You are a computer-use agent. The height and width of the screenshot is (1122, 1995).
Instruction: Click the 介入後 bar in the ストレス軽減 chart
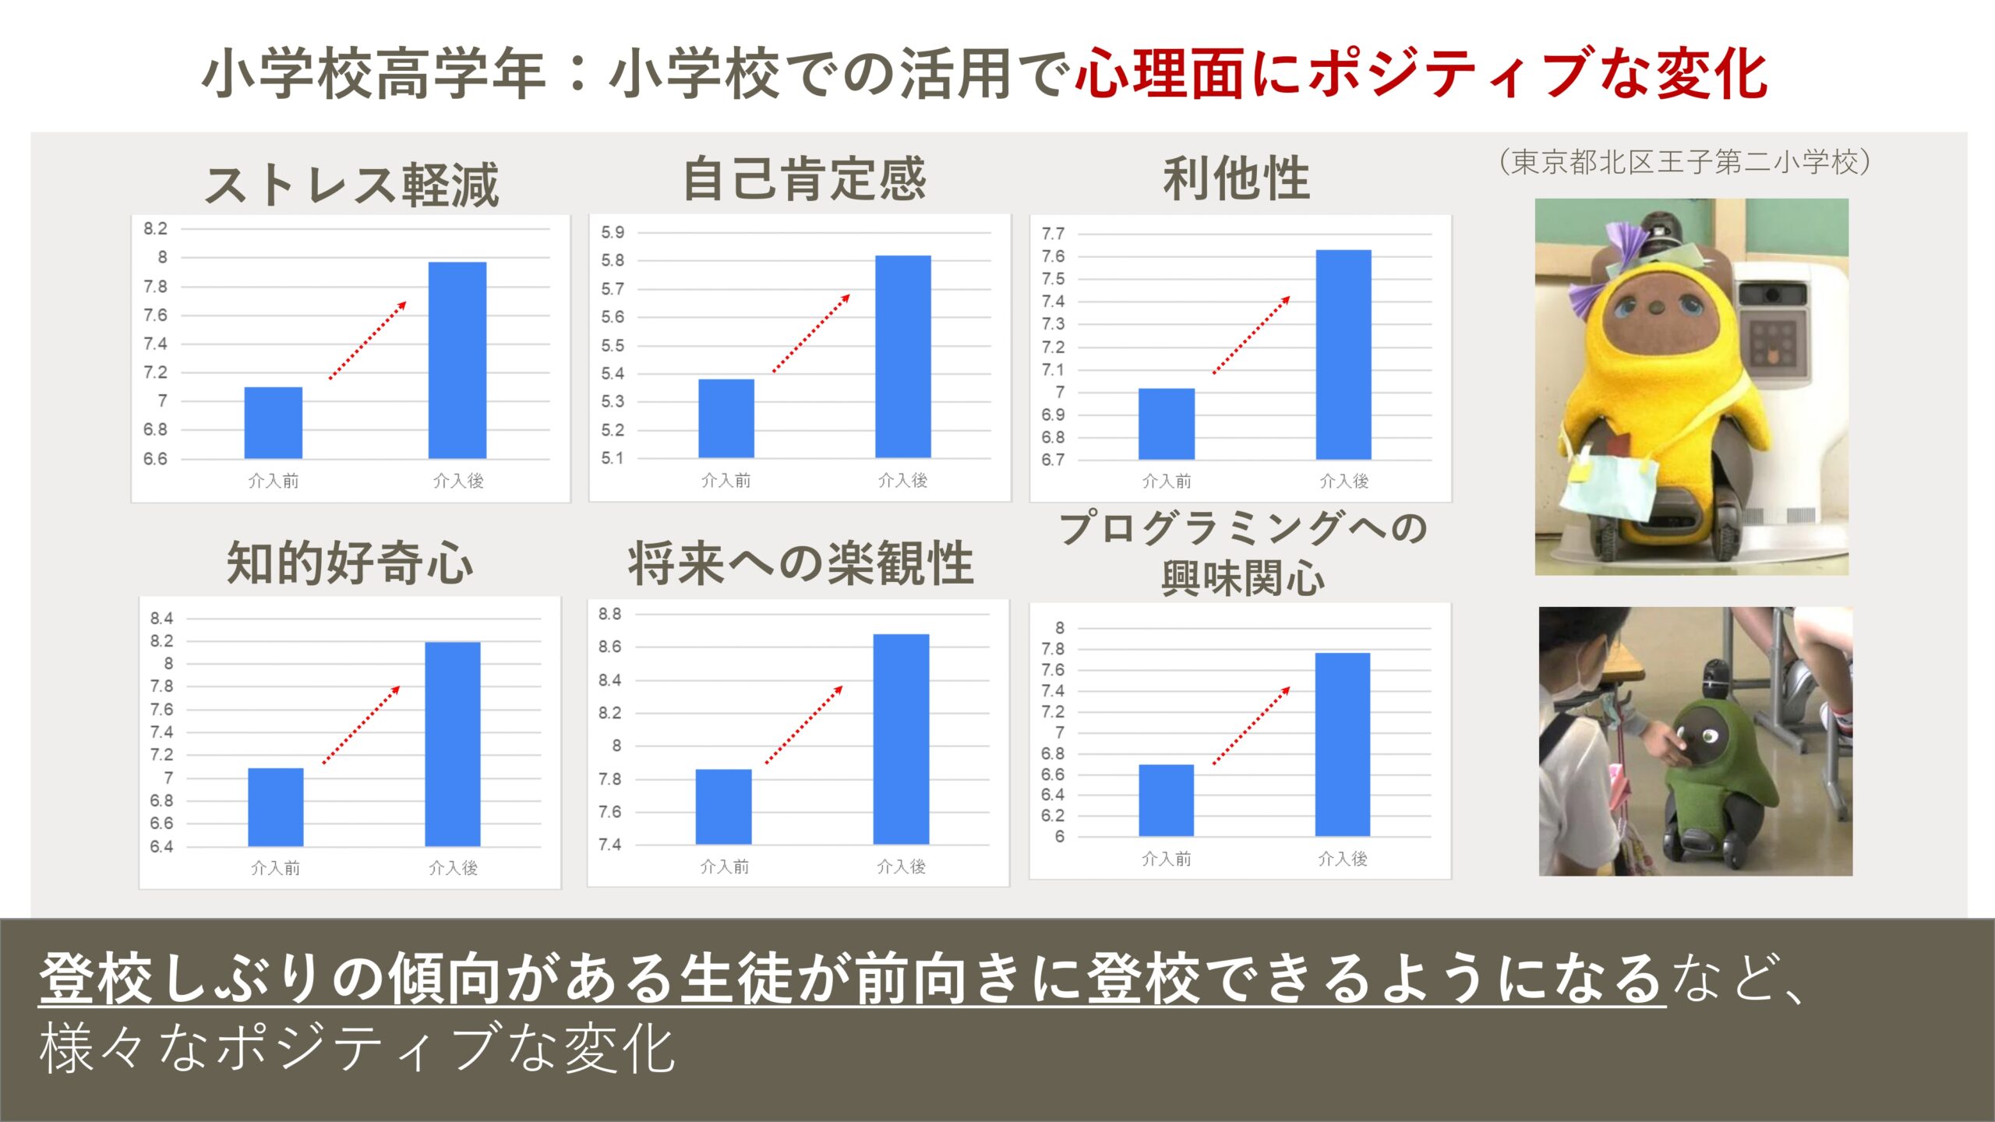(x=457, y=360)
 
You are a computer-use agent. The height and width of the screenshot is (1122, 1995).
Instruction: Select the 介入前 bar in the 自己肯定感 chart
(x=726, y=418)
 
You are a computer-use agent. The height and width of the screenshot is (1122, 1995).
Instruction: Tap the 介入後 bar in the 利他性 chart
(x=1344, y=355)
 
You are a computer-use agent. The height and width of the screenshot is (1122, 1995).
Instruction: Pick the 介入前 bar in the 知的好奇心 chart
(x=276, y=807)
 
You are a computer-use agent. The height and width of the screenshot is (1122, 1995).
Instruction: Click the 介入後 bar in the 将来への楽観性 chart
(x=901, y=739)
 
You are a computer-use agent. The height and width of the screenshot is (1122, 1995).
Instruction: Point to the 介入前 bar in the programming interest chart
(x=1166, y=800)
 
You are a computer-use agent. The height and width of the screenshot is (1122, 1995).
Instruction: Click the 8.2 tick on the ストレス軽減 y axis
(x=155, y=228)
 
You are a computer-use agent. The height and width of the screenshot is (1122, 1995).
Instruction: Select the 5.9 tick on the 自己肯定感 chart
(x=613, y=232)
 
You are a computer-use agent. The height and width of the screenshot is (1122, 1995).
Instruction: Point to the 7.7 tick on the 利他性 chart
(x=1053, y=234)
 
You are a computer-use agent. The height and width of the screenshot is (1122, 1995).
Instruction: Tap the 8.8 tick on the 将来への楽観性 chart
(x=609, y=614)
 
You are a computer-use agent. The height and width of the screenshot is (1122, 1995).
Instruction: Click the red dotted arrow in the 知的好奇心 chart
(x=362, y=725)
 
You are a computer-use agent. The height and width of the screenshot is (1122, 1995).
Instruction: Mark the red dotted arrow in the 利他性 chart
(x=1252, y=335)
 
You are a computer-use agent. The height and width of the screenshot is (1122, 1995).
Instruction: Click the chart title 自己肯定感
(x=804, y=179)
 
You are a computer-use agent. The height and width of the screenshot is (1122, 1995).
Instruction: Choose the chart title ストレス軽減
(x=351, y=185)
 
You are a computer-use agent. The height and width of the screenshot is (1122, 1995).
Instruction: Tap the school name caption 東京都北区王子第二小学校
(x=1684, y=162)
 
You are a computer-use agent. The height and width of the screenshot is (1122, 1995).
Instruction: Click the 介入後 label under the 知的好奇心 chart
(x=453, y=867)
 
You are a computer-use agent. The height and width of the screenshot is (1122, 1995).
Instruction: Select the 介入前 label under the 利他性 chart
(x=1167, y=481)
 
